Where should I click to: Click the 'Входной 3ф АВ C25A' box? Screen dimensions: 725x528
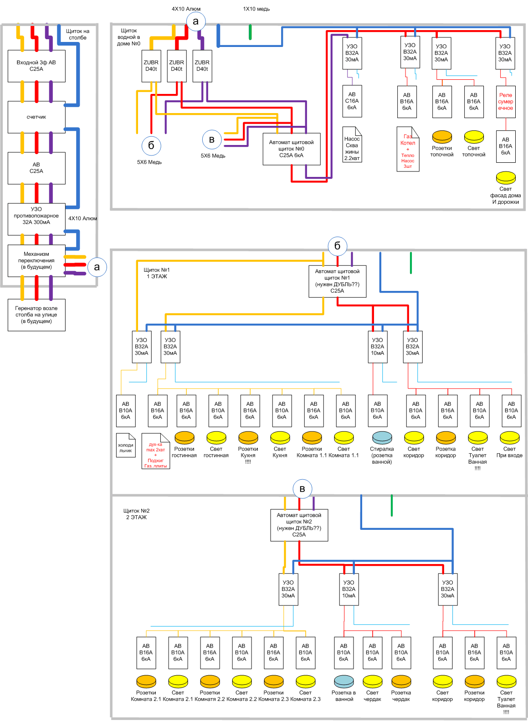36,66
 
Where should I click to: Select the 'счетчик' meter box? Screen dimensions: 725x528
36,117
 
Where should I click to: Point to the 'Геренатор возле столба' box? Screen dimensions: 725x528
36,315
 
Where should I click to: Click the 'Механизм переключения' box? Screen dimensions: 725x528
36,260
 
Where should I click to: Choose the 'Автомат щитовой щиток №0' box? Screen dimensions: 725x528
292,149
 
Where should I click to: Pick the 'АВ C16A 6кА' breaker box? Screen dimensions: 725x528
352,101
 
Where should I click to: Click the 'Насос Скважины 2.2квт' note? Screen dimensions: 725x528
352,145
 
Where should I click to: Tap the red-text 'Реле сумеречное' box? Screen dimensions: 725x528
506,102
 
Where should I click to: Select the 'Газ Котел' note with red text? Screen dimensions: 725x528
408,149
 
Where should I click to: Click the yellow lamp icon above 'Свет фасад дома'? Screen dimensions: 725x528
506,177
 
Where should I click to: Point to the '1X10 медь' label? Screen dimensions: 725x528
256,9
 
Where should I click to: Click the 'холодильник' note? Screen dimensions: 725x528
126,445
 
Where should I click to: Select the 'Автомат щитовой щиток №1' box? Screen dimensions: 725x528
338,281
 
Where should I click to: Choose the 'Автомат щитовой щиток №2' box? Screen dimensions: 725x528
299,525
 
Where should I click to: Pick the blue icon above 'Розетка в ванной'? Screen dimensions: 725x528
344,681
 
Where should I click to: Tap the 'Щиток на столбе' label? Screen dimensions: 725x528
78,35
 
